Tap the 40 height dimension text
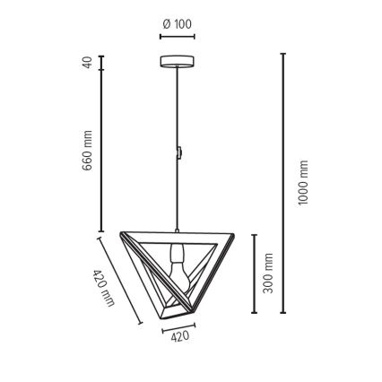(88, 62)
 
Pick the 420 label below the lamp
(180, 337)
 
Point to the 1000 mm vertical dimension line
(283, 183)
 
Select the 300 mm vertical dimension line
(254, 273)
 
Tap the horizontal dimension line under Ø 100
(177, 37)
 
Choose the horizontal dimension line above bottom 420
(180, 326)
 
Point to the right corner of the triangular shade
(232, 236)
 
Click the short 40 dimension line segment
(101, 62)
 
